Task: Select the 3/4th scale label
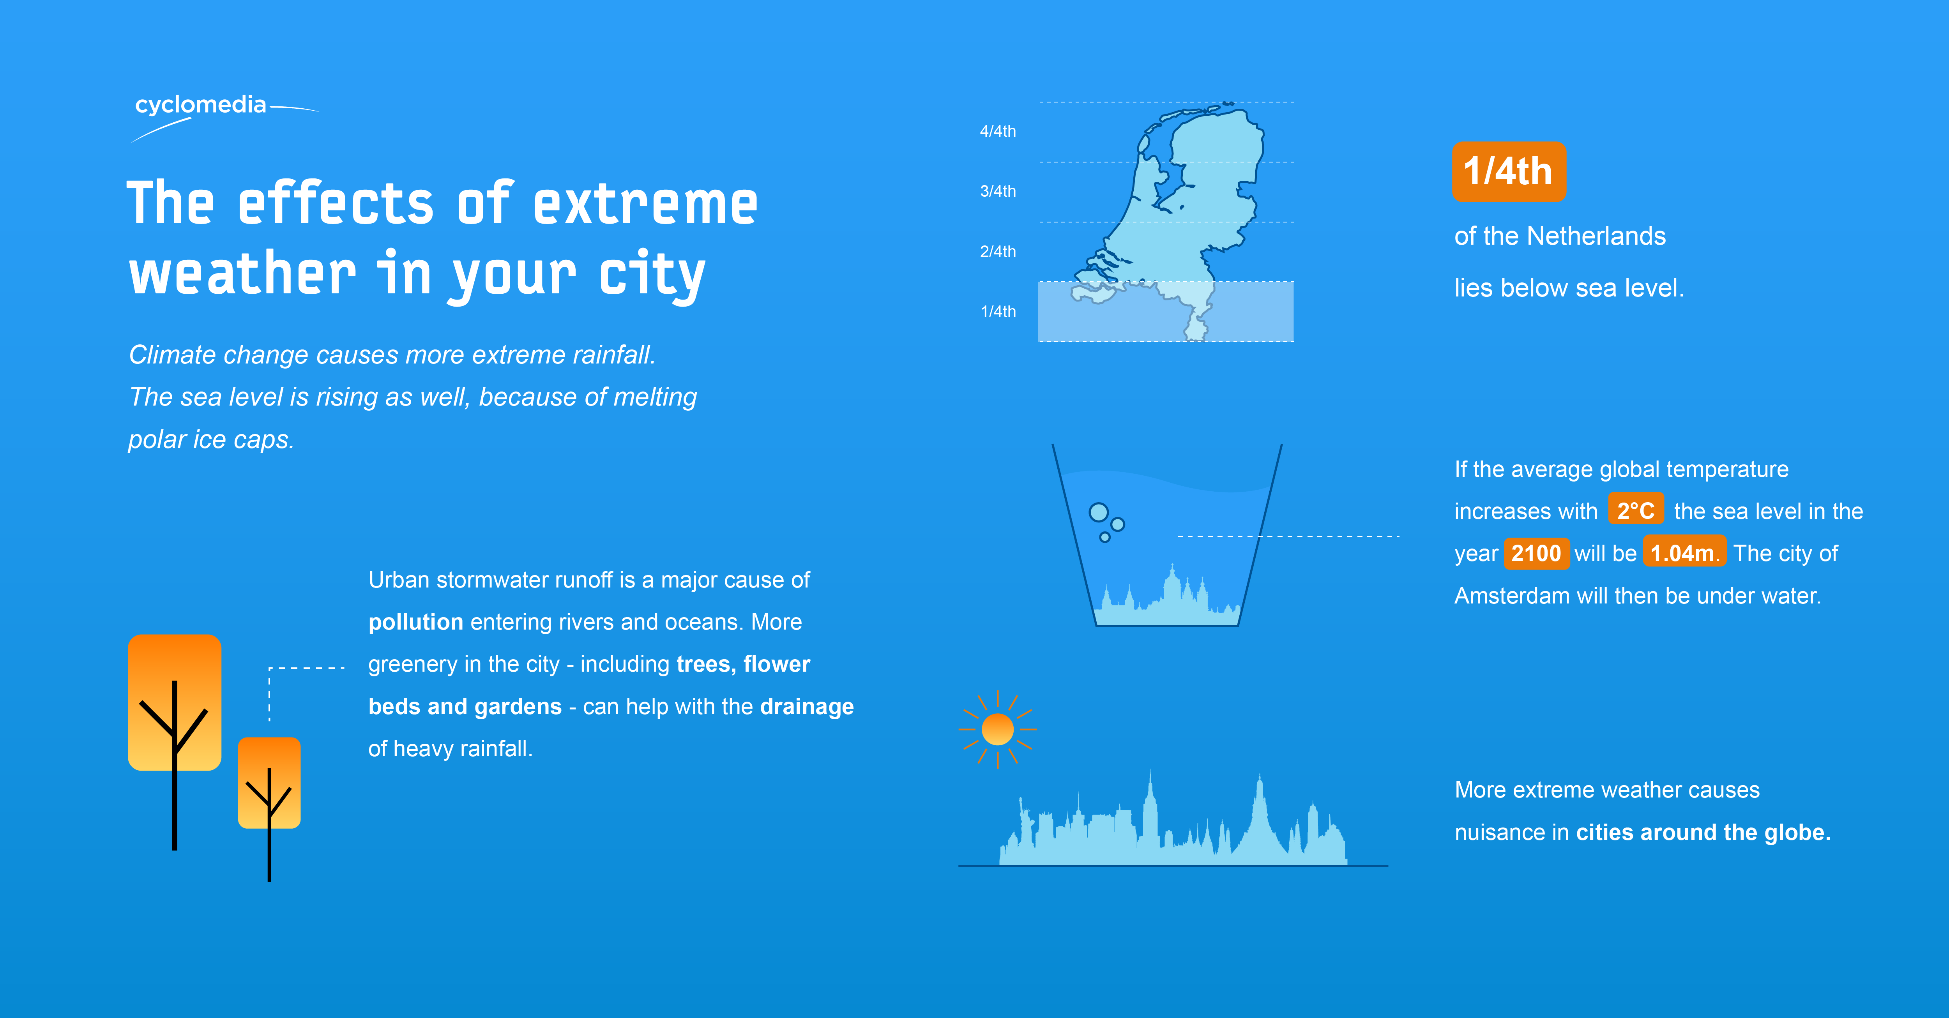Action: click(x=998, y=191)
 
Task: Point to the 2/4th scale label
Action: click(x=998, y=252)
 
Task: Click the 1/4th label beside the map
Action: click(x=998, y=312)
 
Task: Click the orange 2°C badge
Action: click(x=1636, y=510)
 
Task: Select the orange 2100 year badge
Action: click(x=1536, y=553)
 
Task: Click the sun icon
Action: click(x=997, y=729)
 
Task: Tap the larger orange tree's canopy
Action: click(x=175, y=702)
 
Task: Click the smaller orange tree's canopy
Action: click(x=269, y=783)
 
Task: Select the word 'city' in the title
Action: click(x=652, y=274)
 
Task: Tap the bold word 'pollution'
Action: click(x=415, y=623)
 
